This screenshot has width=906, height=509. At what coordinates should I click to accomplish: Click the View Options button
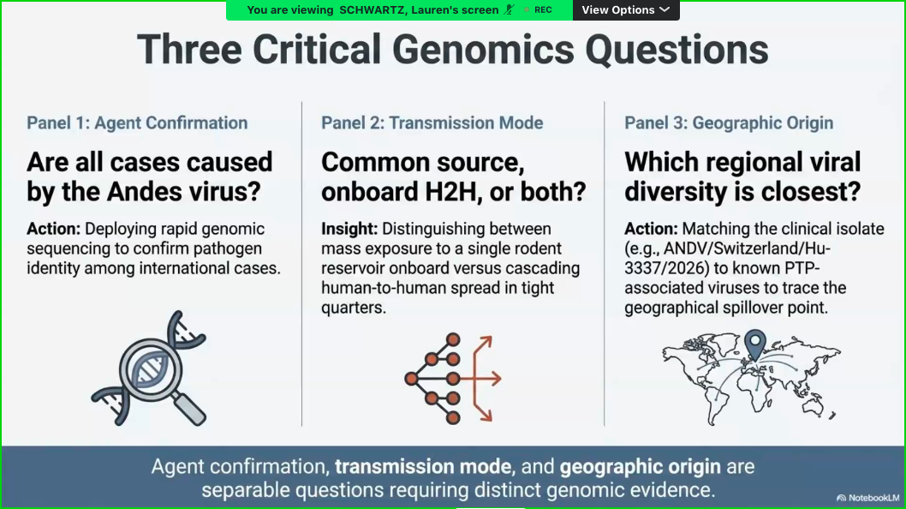click(626, 9)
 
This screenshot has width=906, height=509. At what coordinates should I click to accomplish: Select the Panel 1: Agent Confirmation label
click(137, 123)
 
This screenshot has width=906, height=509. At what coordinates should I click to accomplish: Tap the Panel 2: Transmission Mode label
click(432, 123)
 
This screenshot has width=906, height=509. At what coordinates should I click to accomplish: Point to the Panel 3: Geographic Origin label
click(729, 123)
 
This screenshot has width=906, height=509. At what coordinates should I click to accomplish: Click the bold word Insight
click(349, 229)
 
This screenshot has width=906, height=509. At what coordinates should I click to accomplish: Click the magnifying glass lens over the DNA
click(151, 369)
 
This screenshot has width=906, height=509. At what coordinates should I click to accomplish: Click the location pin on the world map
click(754, 344)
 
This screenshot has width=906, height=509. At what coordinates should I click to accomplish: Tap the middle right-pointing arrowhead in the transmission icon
click(495, 379)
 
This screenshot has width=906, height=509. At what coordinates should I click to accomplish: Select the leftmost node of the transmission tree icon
click(411, 379)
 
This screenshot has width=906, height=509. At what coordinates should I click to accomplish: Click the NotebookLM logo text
click(873, 498)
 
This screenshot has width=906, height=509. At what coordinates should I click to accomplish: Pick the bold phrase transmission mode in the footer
click(423, 467)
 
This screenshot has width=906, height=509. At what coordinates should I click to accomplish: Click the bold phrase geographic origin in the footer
click(641, 467)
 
